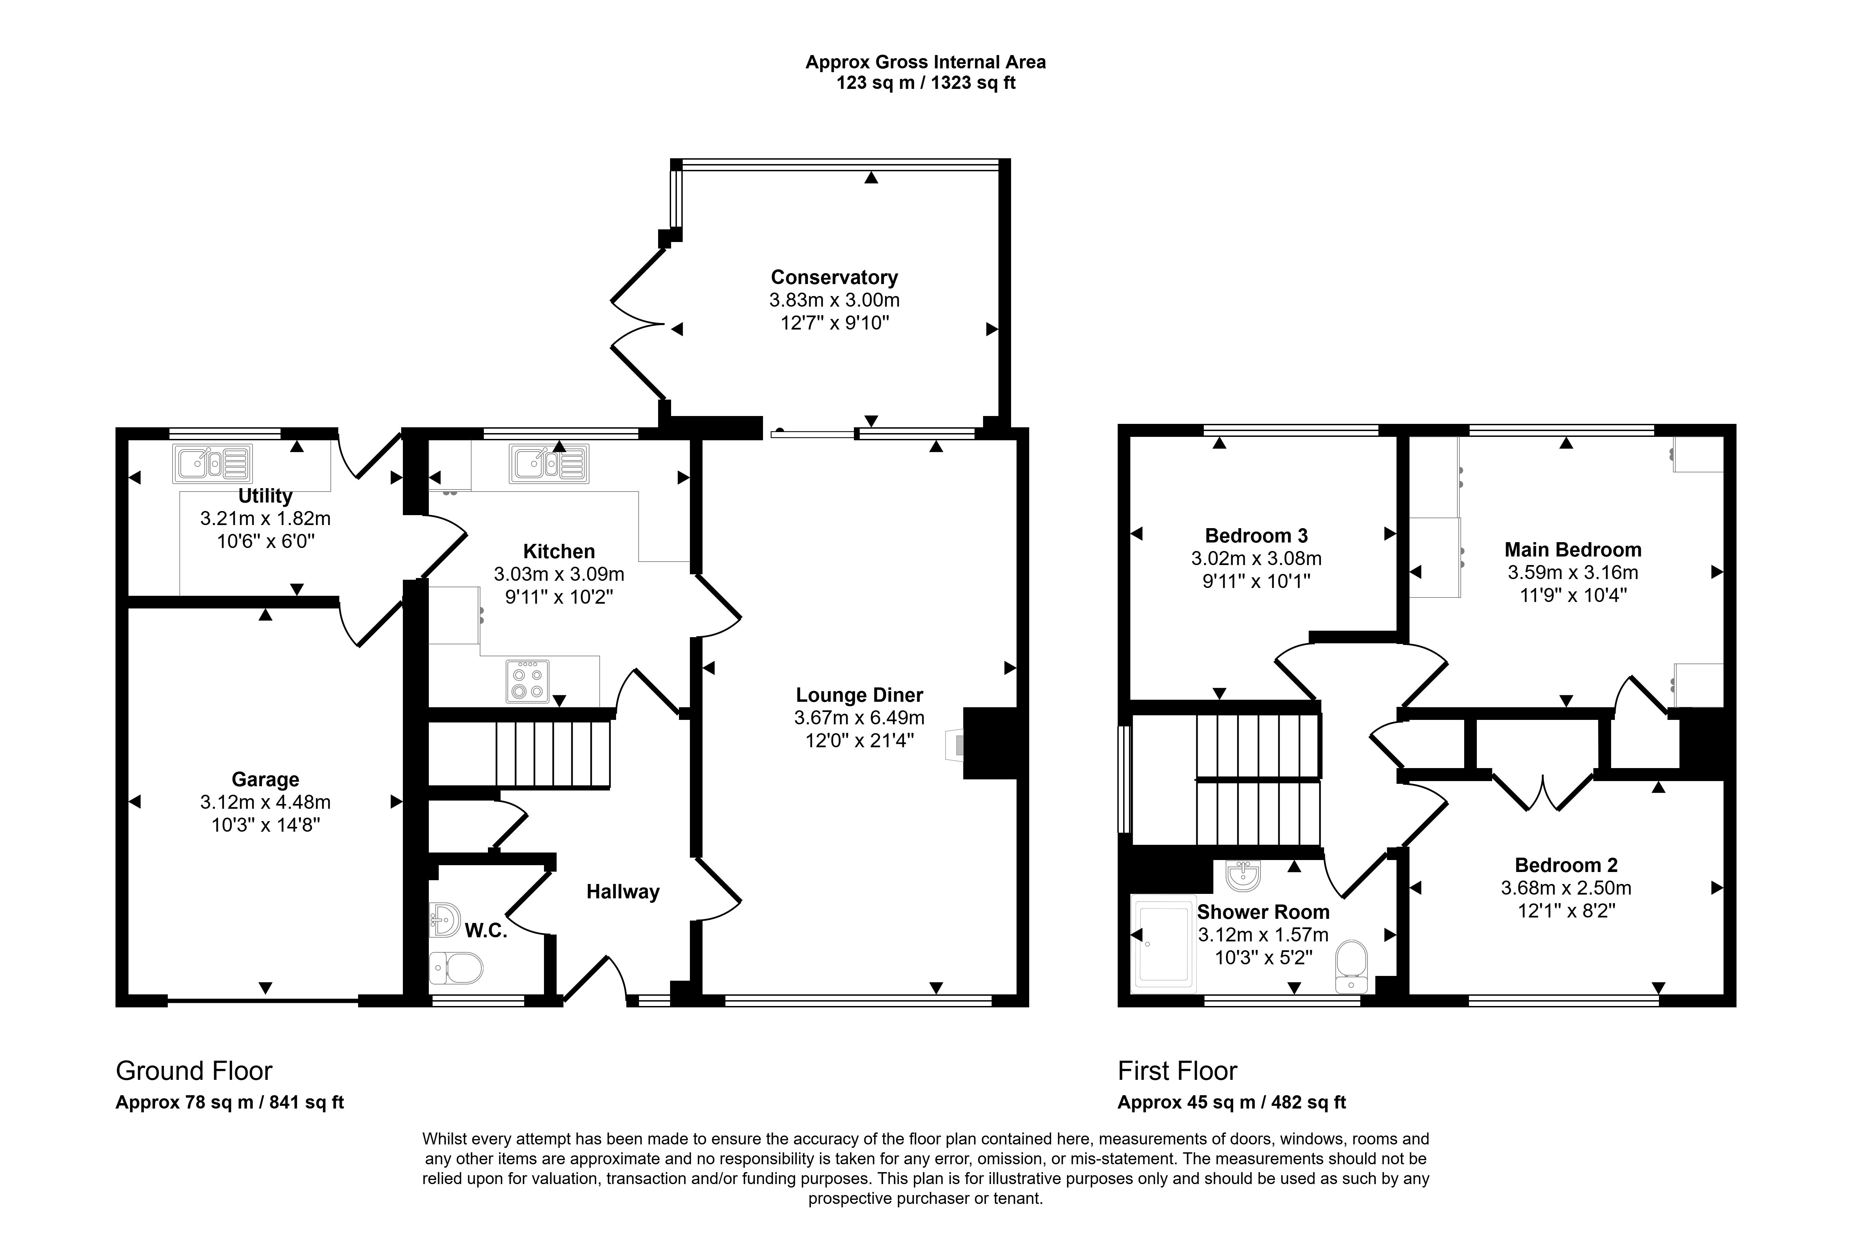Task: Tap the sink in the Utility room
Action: (213, 464)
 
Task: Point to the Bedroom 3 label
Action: (1256, 536)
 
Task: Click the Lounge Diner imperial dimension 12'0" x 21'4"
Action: (859, 740)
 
